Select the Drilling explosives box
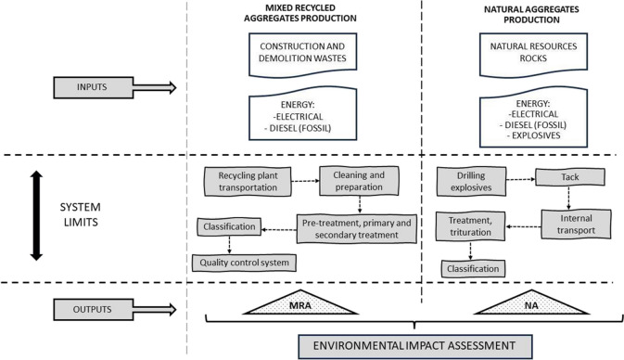[470, 182]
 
